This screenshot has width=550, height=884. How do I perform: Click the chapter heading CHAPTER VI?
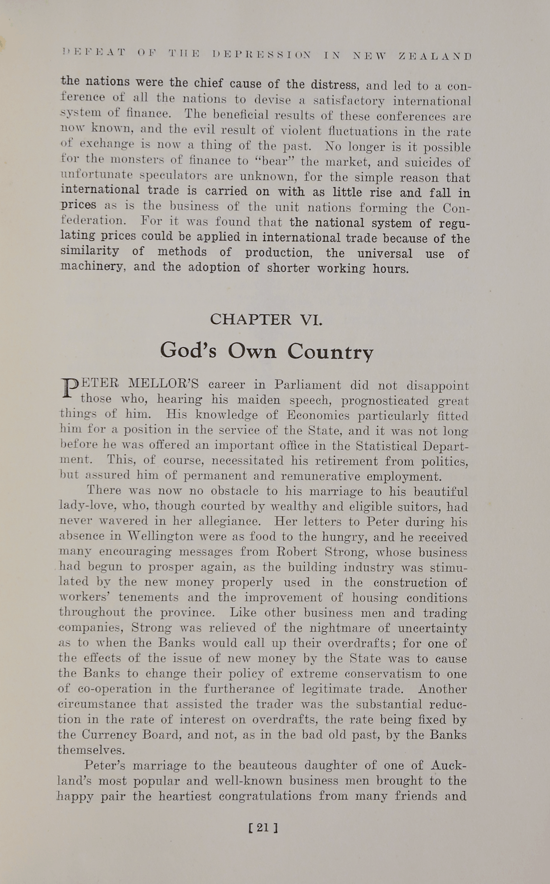pyautogui.click(x=266, y=320)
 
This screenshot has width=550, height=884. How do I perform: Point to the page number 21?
pyautogui.click(x=263, y=828)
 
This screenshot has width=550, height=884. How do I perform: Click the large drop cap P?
pyautogui.click(x=69, y=388)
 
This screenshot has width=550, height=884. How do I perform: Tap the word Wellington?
pyautogui.click(x=158, y=537)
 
